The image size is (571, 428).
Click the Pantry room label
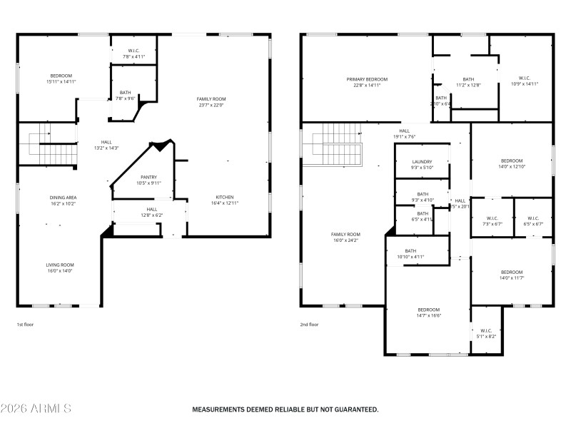[x=148, y=177]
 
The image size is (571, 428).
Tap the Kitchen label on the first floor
[x=225, y=197]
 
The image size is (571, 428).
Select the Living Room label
[x=60, y=264]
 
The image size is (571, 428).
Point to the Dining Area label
[x=63, y=197]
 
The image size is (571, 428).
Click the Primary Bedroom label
[x=367, y=79]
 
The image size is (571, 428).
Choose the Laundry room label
[x=422, y=162]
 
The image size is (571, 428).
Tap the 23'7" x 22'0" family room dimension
[x=211, y=105]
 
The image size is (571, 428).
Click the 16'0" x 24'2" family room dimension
[x=345, y=240]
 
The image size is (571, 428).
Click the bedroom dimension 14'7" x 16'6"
[x=429, y=315]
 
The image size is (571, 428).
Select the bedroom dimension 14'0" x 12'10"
[x=512, y=167]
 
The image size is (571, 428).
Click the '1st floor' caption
[x=26, y=325]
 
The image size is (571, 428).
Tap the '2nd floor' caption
[x=309, y=325]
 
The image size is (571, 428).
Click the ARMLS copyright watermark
[x=36, y=409]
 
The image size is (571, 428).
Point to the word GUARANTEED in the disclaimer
[x=351, y=409]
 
